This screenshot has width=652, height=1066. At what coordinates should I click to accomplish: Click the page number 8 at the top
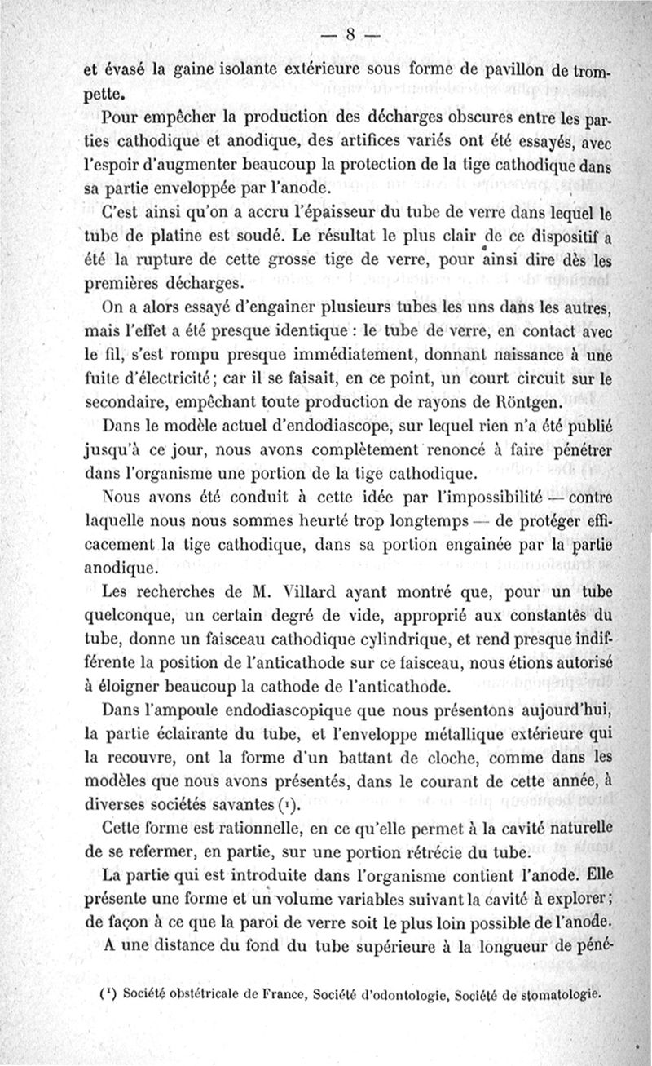351,33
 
